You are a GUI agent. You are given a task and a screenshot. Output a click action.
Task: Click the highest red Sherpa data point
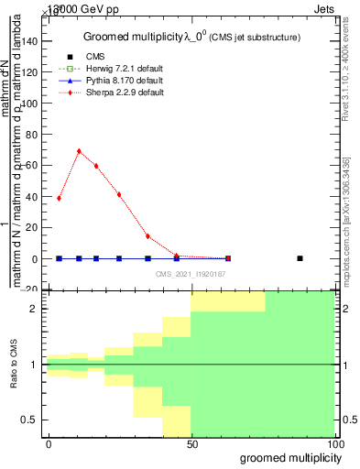[x=79, y=151]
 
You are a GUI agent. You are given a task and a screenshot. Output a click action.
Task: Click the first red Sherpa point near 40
[x=59, y=198]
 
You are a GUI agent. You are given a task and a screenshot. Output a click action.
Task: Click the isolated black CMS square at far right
[x=300, y=258]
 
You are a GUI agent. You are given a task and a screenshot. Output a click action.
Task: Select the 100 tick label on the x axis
[x=335, y=444]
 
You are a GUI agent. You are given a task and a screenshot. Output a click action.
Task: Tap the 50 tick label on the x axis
[x=192, y=444]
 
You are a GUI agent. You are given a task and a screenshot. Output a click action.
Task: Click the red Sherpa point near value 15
[x=148, y=236]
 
